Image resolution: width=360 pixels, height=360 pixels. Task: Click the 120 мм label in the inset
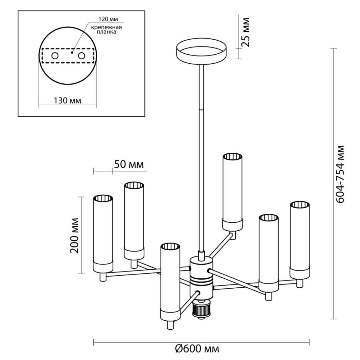point(108,19)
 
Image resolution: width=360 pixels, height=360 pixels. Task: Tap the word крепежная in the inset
point(106,28)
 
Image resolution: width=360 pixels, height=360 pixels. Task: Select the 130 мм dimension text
point(67,101)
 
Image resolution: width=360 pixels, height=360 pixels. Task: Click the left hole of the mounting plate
point(55,56)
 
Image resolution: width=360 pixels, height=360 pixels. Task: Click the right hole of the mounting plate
point(82,56)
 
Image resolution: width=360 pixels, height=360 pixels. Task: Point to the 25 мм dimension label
point(245,32)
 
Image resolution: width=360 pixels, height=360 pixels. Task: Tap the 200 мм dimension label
point(74,235)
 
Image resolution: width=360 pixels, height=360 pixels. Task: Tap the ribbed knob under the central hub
point(201,309)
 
